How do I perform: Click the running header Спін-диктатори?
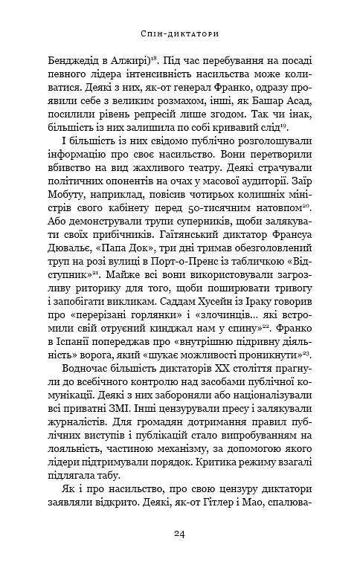click(179, 33)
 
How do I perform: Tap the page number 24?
click(180, 533)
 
